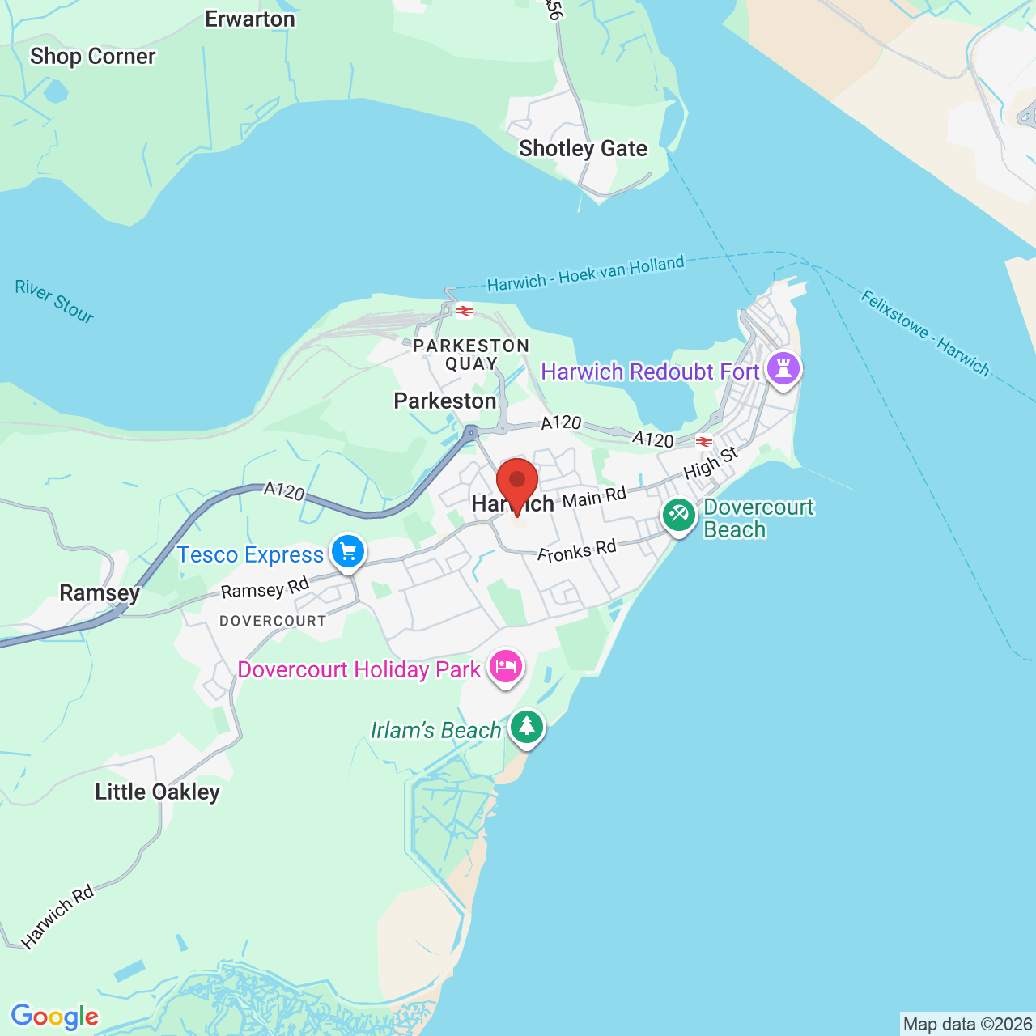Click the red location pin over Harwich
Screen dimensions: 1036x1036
pos(517,482)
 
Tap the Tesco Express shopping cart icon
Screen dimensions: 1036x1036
pos(349,551)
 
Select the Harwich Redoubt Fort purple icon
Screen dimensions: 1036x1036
pos(783,369)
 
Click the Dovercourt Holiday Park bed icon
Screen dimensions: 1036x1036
pos(505,667)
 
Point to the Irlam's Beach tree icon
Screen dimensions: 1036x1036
pos(527,727)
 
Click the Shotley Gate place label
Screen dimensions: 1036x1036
pos(583,149)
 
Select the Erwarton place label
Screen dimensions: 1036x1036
pos(249,19)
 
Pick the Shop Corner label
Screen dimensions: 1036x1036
pos(92,57)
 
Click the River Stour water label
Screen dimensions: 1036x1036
pos(55,301)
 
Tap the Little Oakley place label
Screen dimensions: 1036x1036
pos(157,792)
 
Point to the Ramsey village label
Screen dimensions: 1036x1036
pos(100,593)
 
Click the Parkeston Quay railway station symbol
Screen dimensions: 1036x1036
pos(465,311)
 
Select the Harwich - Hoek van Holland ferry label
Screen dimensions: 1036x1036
pos(585,274)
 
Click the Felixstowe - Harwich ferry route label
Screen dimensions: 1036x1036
pos(924,333)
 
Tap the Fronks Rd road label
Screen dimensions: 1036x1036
pos(576,551)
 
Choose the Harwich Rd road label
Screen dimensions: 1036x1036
pos(58,916)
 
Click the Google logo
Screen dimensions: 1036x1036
pos(54,1017)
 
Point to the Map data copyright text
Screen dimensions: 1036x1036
pos(967,1025)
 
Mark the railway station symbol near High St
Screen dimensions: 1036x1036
pos(704,442)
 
